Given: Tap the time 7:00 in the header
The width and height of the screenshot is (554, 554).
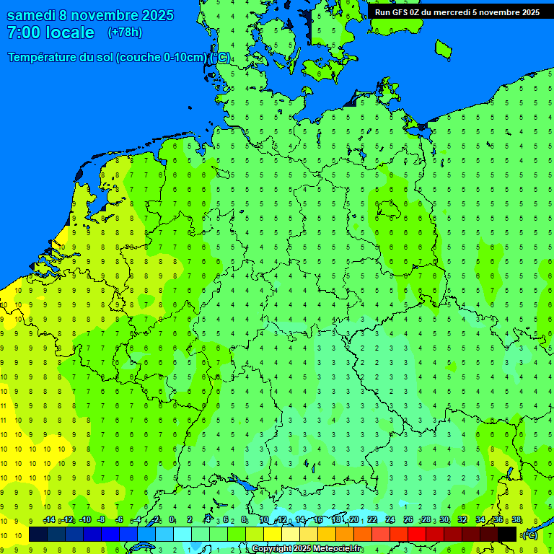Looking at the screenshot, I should click(25, 32).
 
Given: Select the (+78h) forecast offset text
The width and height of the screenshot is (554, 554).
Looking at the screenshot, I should click(125, 32).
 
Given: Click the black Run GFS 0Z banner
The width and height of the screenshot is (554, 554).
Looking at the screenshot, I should click(457, 11).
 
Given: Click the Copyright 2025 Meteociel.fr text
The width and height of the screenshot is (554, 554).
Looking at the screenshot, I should click(307, 549).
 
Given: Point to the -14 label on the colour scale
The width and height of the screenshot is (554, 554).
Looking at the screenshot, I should click(49, 520).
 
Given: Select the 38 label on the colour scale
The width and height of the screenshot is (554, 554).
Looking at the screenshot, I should click(516, 520).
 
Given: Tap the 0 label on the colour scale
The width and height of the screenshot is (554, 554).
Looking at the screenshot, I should click(172, 520).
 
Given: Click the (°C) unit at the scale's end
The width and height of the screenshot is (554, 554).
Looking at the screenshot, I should click(529, 535).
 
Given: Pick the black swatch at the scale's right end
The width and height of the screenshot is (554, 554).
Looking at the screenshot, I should click(507, 534).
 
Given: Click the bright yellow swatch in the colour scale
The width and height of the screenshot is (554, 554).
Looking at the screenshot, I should click(273, 534).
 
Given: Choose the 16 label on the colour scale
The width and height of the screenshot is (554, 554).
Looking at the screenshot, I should click(318, 520).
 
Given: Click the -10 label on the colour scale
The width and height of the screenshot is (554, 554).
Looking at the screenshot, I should click(84, 520).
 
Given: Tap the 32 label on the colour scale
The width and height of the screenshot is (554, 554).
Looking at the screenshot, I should click(462, 520).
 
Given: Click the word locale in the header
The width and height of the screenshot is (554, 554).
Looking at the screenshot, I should click(70, 32).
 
